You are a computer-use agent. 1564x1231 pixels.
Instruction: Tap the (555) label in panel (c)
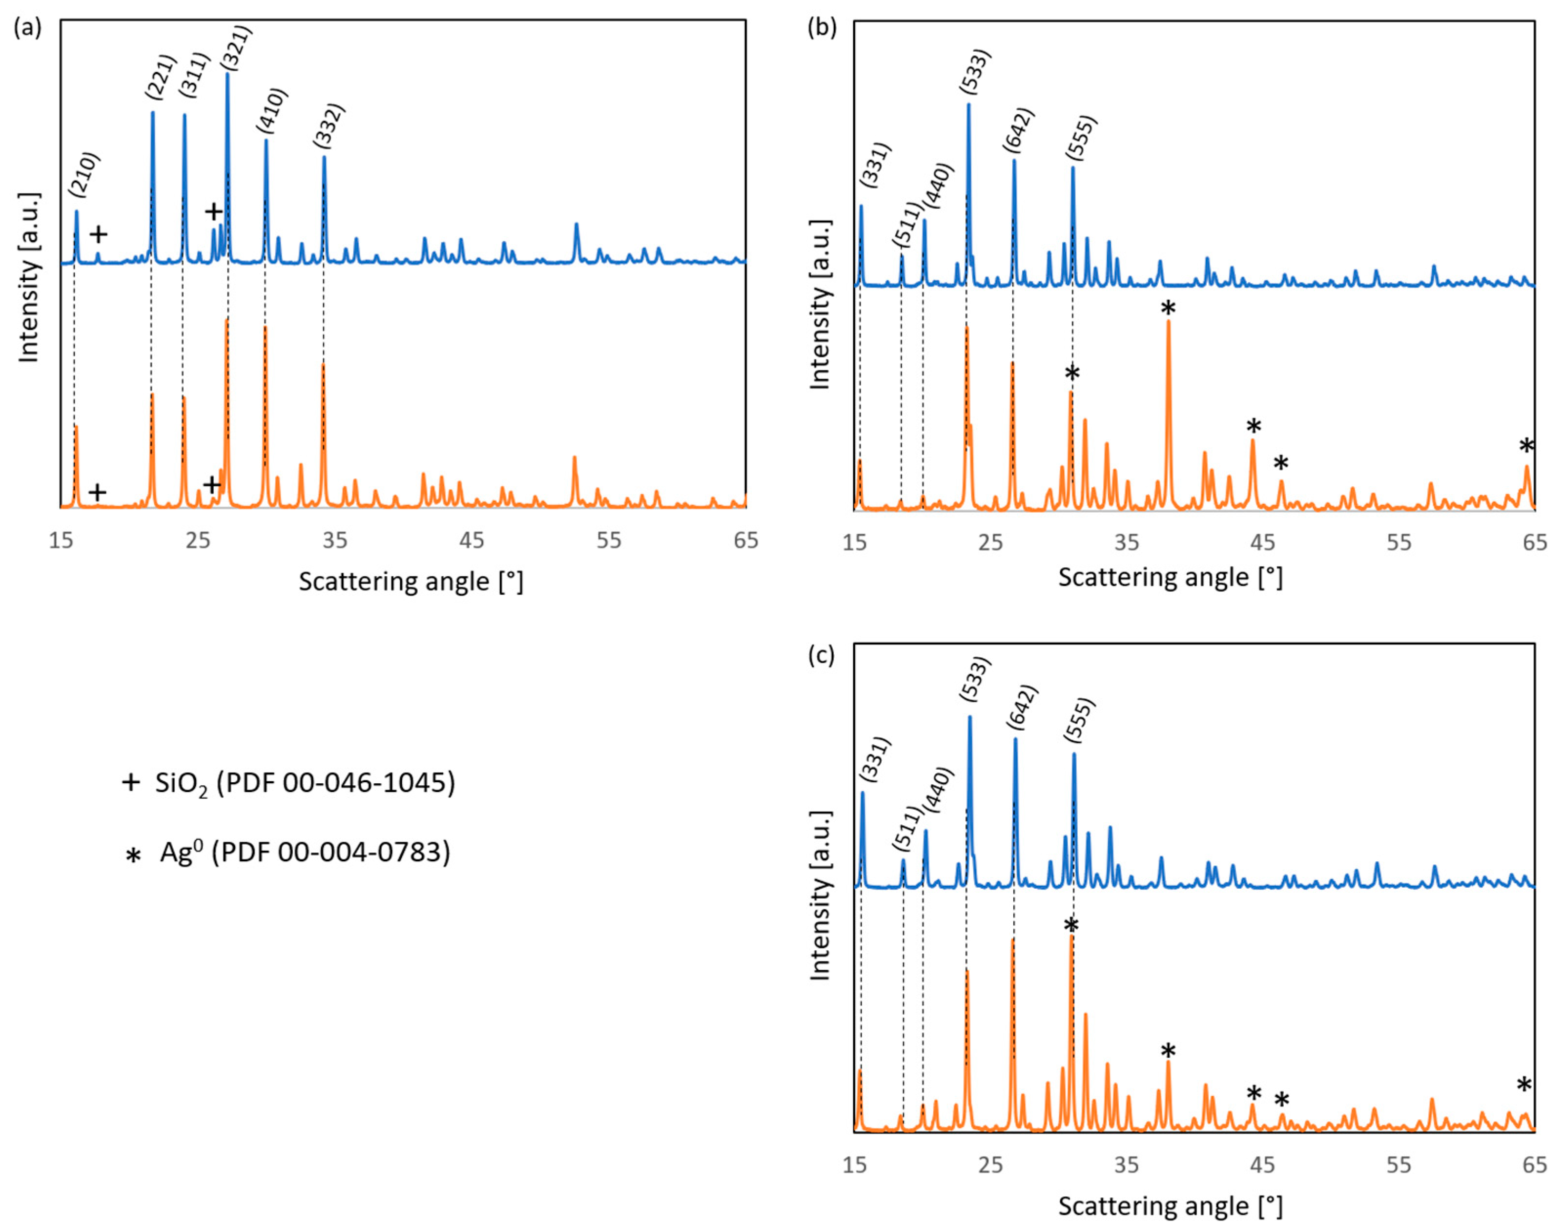[1080, 720]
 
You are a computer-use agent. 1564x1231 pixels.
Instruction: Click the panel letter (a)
[27, 28]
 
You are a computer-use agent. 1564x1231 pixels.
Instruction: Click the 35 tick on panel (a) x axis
[335, 540]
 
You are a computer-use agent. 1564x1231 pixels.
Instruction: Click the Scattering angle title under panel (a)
[411, 582]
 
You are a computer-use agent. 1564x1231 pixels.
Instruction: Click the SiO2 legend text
[305, 783]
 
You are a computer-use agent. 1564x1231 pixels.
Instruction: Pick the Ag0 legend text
[305, 853]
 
